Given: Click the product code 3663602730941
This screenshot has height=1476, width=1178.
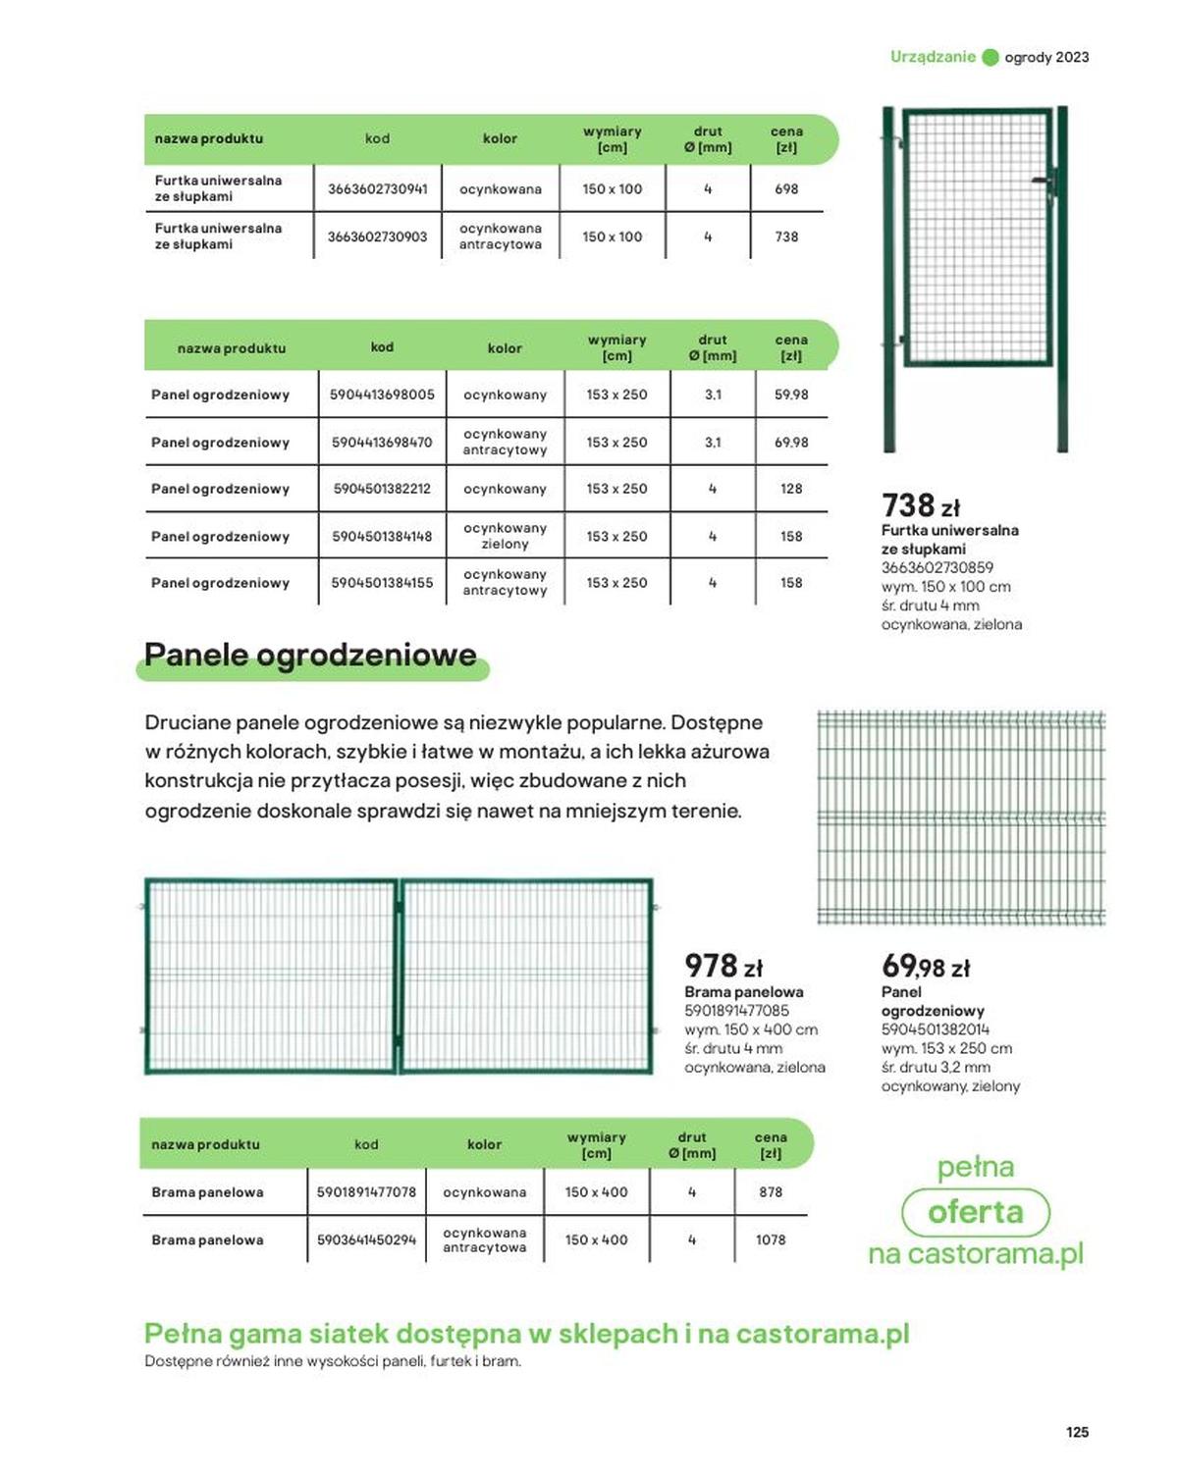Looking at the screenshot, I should [x=377, y=188].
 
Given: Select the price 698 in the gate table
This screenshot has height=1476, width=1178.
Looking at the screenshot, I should [x=786, y=188].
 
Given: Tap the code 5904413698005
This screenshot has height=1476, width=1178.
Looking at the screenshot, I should [x=382, y=395].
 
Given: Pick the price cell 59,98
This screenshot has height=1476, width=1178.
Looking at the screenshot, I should [x=791, y=395].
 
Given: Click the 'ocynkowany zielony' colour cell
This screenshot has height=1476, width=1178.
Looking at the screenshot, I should [x=505, y=536].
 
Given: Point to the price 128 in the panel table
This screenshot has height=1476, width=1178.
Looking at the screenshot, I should [x=791, y=489].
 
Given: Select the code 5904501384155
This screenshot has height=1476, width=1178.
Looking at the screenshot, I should [x=382, y=583].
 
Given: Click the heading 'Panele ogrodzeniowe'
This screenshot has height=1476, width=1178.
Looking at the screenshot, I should [x=310, y=655].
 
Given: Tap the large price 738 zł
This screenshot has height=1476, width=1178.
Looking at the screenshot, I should [x=920, y=505].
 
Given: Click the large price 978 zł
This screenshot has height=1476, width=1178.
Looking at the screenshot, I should [x=723, y=966].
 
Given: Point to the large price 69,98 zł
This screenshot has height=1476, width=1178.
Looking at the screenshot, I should [x=925, y=967].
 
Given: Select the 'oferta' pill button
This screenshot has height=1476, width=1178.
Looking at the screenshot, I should [x=975, y=1212].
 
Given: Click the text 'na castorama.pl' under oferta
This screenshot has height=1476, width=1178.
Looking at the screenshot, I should [x=975, y=1254].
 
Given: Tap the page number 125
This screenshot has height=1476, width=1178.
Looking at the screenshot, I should [x=1077, y=1432].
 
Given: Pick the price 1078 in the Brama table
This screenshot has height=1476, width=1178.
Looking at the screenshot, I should [x=771, y=1239].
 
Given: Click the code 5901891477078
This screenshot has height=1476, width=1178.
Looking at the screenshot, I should [x=366, y=1192].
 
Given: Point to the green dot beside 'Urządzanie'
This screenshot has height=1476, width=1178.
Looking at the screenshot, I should [x=991, y=57].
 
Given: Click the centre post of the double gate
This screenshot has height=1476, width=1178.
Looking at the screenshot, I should [x=399, y=975].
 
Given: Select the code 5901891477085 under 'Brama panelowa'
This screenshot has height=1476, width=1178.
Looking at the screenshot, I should [x=736, y=1011].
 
